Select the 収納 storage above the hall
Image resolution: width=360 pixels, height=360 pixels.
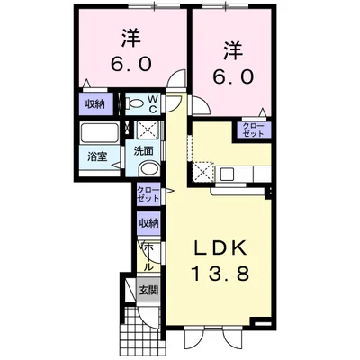click(x=148, y=222)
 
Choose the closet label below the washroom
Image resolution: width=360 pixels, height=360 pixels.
click(x=148, y=193)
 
